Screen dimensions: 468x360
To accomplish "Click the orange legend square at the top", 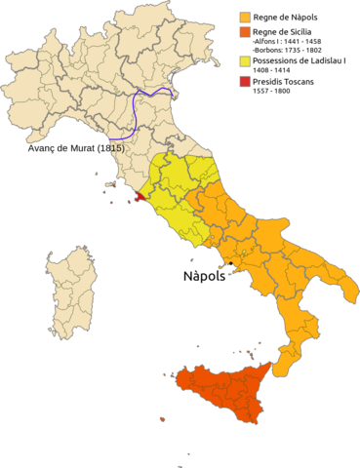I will tap(245, 17).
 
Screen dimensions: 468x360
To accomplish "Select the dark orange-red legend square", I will tap(245, 32).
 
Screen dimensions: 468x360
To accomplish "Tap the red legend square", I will tap(245, 80).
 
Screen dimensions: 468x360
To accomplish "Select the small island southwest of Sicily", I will tap(161, 419).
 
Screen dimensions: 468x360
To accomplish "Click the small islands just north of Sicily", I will tap(250, 352).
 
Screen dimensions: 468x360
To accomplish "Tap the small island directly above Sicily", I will tap(198, 345).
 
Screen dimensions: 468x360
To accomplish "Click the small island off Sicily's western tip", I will tap(165, 374).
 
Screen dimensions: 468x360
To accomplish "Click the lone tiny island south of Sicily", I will tap(188, 452).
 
